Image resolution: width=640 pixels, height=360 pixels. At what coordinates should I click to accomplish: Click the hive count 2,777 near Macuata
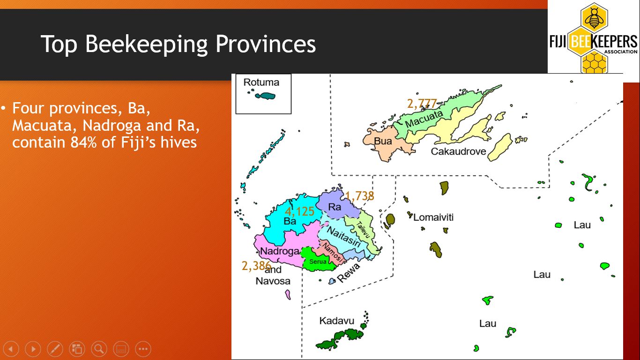click(422, 104)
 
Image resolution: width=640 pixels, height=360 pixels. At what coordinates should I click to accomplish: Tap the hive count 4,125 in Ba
click(299, 211)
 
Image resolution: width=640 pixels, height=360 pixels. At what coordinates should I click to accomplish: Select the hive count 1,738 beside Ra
click(360, 196)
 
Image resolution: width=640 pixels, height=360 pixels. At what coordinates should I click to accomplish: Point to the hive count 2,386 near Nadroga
click(256, 266)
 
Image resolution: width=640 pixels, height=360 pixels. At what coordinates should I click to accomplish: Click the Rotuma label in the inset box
click(261, 82)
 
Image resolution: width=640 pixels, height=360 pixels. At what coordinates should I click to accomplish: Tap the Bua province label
click(383, 141)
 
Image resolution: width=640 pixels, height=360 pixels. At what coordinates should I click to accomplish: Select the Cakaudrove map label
click(458, 151)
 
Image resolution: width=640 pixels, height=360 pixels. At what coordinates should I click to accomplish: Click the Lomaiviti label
click(433, 217)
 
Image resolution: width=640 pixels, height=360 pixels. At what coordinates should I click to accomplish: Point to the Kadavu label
click(336, 321)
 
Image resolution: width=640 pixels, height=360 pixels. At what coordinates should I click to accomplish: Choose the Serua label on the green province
click(318, 262)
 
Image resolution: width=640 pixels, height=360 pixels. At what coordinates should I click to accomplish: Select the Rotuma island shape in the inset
click(265, 96)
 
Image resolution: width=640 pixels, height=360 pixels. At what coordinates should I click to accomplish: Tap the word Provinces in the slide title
click(265, 44)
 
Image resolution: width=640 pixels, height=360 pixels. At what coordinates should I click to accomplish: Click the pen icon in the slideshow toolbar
click(55, 349)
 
